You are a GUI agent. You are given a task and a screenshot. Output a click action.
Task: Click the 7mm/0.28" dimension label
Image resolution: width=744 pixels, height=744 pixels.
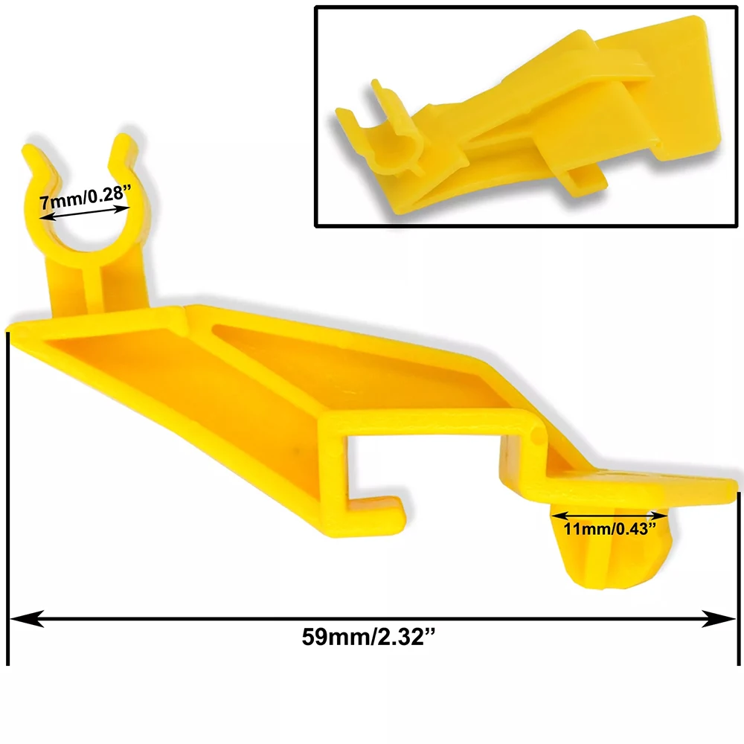pos(86,196)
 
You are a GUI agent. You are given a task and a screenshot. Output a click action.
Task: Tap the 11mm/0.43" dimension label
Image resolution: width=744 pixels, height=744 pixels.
pos(610,529)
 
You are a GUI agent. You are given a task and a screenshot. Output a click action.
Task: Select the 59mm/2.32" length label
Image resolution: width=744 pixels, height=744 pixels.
pos(368,637)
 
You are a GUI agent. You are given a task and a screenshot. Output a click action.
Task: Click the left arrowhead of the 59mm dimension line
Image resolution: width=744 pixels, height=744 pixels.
pos(27,619)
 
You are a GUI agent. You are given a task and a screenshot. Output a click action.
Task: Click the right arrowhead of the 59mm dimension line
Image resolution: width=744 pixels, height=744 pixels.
pos(719,619)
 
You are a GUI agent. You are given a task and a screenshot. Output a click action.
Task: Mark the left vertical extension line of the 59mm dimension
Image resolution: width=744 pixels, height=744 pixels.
pos(8,498)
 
